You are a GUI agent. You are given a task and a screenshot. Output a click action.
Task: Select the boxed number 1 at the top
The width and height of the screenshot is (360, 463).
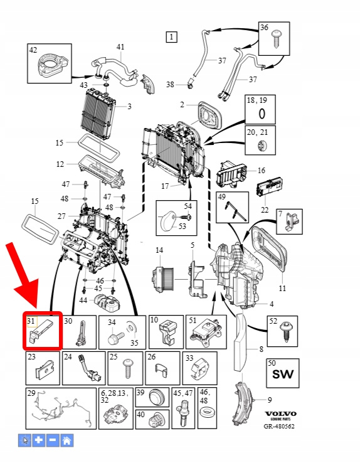click(171, 37)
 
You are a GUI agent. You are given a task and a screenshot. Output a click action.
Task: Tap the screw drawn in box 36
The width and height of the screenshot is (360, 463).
click(277, 39)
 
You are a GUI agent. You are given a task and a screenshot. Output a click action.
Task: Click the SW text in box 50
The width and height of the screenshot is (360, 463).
click(283, 375)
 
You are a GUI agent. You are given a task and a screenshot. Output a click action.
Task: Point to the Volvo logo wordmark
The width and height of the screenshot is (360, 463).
click(280, 413)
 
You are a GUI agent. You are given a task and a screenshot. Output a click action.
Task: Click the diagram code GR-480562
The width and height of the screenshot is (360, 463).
click(279, 426)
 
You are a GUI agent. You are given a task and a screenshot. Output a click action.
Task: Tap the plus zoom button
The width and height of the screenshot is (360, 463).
click(39, 440)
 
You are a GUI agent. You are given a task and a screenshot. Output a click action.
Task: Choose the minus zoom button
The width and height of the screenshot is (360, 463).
click(53, 440)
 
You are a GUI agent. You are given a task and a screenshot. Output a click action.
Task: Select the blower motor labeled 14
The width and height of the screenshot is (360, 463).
click(164, 279)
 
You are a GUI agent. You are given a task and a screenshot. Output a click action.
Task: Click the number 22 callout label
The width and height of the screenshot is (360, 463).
click(265, 210)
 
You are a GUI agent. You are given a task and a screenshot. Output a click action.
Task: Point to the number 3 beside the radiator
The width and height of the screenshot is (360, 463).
click(129, 107)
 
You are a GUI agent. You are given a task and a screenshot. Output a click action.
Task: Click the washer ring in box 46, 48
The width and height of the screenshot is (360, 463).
click(206, 412)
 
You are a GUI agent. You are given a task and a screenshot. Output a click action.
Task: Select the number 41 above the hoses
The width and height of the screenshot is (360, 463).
click(120, 47)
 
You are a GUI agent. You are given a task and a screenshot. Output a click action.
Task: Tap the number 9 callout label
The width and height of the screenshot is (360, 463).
click(270, 400)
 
